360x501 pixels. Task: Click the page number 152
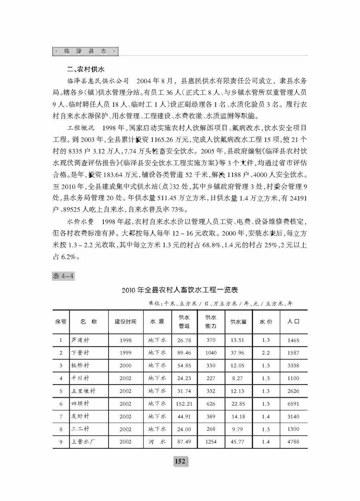click(x=180, y=461)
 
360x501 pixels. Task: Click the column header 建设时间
click(x=125, y=322)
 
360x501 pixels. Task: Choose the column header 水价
click(x=266, y=322)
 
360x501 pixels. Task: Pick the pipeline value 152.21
click(x=184, y=404)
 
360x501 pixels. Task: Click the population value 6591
click(x=293, y=404)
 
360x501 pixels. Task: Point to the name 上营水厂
click(x=83, y=442)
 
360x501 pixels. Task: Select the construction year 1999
click(x=125, y=353)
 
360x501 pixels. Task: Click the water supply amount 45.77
click(x=238, y=442)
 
